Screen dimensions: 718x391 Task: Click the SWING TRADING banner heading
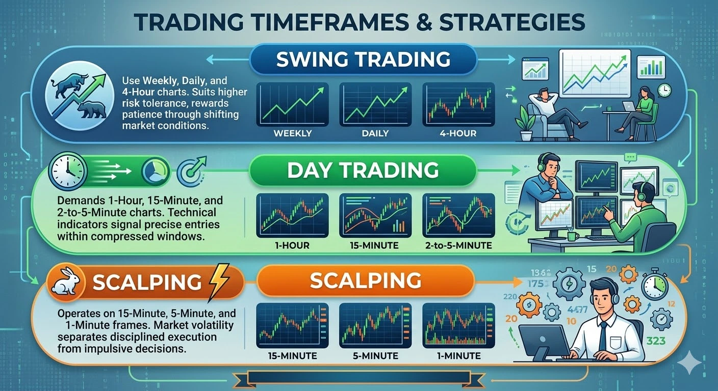click(363, 59)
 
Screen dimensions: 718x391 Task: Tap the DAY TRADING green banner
click(363, 170)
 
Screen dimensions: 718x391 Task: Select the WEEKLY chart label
click(293, 133)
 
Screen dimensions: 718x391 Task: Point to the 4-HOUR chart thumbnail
click(458, 104)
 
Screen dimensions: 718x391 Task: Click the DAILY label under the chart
click(375, 133)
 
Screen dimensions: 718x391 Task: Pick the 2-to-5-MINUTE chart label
click(458, 246)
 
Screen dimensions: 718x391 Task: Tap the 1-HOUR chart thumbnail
click(292, 215)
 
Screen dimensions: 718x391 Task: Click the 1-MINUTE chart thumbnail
click(458, 325)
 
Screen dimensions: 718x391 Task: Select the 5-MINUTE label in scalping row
click(375, 356)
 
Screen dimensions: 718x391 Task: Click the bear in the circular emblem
click(92, 109)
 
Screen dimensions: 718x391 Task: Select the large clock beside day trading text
click(68, 171)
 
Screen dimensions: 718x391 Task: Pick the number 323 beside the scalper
click(656, 341)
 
